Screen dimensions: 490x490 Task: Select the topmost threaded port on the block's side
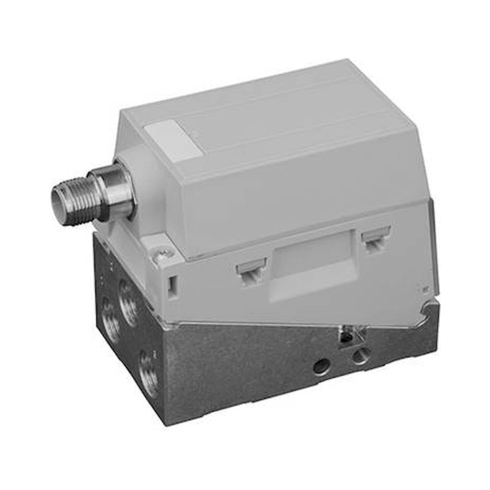click(128, 302)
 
